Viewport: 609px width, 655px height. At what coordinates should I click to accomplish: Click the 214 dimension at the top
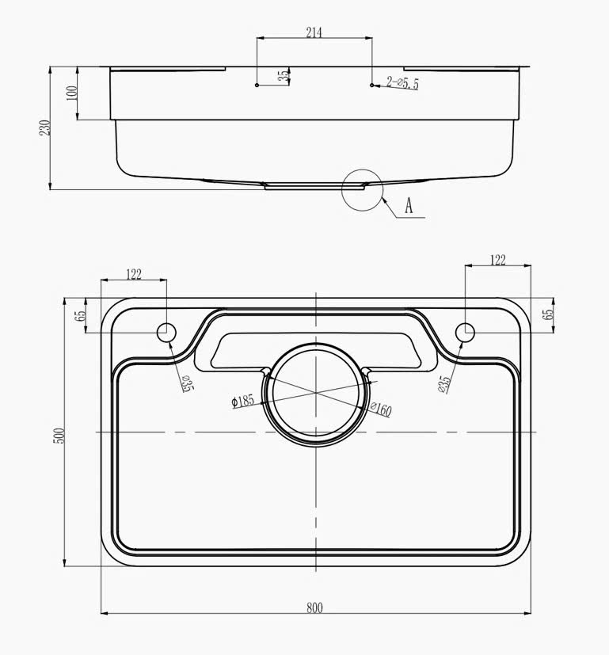[x=314, y=32]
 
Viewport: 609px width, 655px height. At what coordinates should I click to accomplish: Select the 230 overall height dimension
[x=44, y=128]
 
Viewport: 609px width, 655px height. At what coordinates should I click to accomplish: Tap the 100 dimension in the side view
[x=72, y=93]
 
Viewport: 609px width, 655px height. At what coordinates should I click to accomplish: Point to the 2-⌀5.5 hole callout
[x=402, y=82]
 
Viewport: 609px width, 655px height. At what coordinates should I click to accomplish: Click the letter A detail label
[x=409, y=205]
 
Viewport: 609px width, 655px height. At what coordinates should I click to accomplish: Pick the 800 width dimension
[x=314, y=607]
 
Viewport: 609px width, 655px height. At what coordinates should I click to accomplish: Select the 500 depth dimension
[x=60, y=436]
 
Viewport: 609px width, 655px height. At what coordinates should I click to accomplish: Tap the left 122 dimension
[x=134, y=275]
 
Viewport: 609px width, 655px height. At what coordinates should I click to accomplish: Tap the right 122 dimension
[x=497, y=261]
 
